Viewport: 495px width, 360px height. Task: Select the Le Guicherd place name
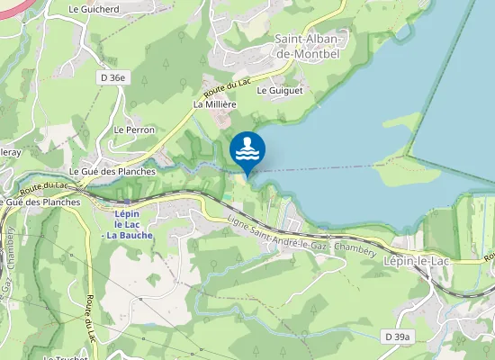(x=94, y=9)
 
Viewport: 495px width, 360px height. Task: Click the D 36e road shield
(x=113, y=78)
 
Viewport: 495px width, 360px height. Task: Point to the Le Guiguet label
(x=280, y=91)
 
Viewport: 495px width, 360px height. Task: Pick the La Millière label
(x=214, y=104)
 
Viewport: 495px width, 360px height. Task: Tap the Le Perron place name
(x=134, y=130)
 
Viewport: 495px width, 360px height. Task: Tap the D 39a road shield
(x=396, y=337)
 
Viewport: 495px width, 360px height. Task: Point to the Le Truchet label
(x=65, y=356)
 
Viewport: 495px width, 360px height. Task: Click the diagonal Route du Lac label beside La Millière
(x=227, y=89)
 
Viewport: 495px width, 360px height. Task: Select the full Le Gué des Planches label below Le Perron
(x=112, y=171)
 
